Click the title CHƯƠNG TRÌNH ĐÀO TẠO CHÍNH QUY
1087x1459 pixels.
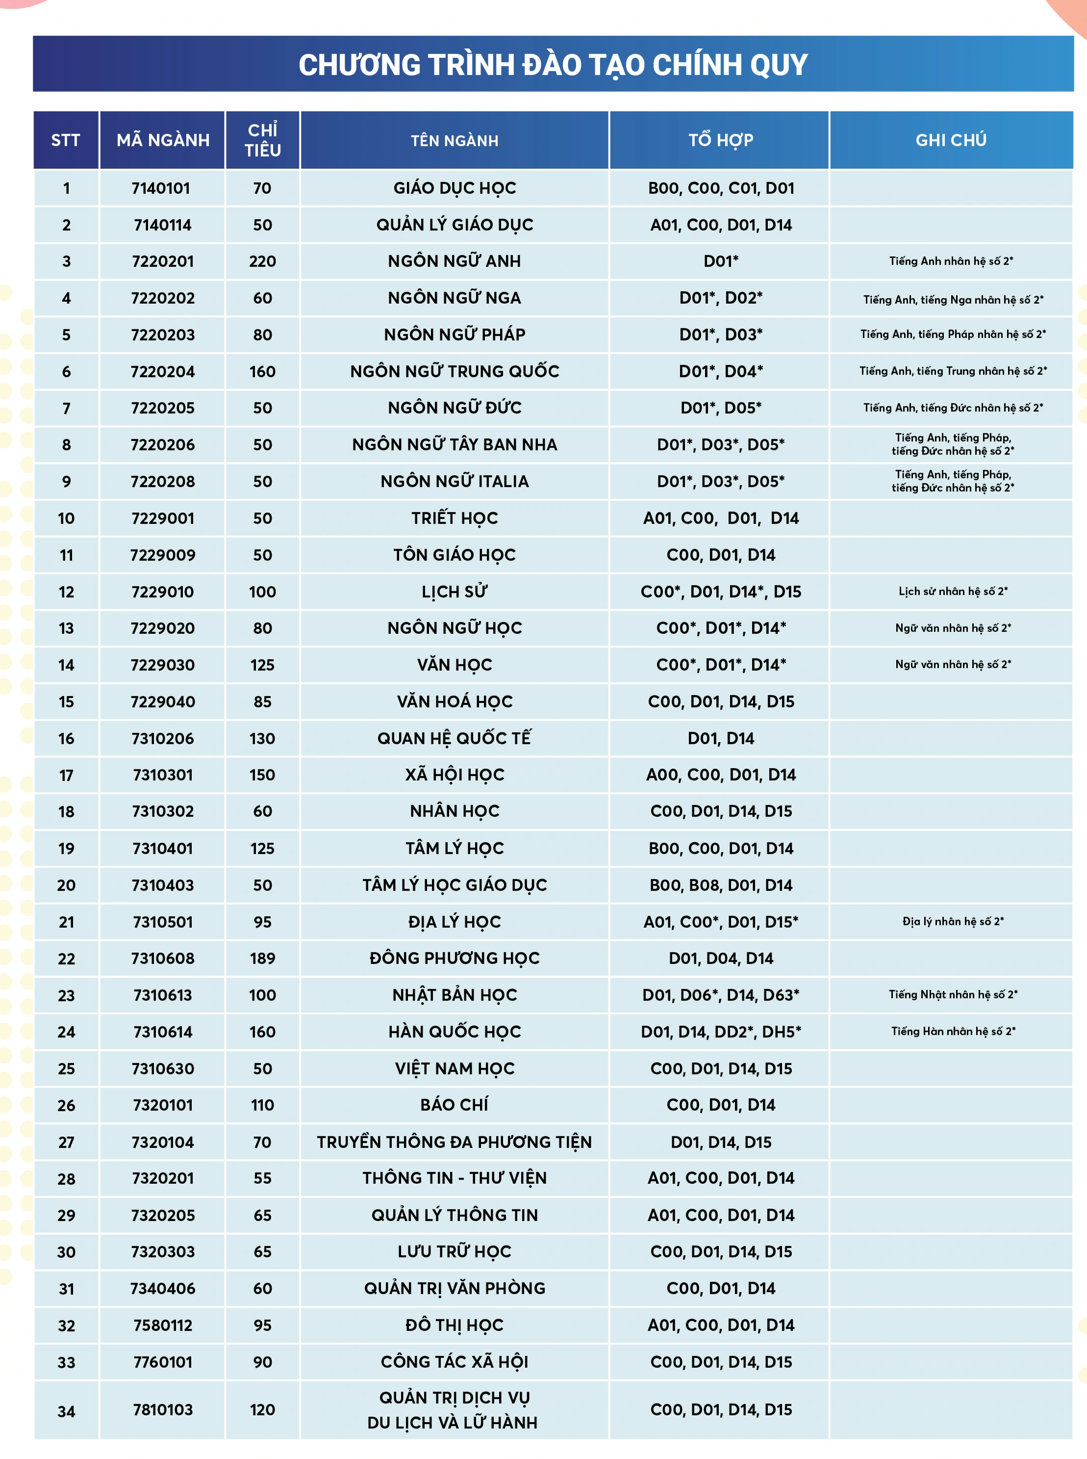[x=553, y=65]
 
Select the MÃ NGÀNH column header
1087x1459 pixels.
[x=162, y=140]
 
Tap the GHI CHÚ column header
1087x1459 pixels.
[x=951, y=140]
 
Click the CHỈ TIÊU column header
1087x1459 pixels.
[x=262, y=140]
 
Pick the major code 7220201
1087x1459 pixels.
[x=162, y=261]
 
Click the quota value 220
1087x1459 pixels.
[x=262, y=261]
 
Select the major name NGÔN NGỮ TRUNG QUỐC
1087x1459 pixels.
[x=454, y=371]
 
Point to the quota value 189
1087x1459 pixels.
[x=262, y=958]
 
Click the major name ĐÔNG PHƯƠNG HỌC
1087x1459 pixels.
[x=454, y=958]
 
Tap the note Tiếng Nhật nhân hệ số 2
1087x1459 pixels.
[x=952, y=994]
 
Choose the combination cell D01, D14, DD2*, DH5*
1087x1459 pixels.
[x=721, y=1032]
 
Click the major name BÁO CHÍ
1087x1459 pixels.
[x=454, y=1105]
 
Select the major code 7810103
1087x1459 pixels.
[x=162, y=1409]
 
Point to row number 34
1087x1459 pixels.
[x=67, y=1411]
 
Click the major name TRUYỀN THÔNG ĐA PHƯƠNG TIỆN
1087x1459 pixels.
[x=454, y=1142]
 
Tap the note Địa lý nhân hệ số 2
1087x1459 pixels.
[x=952, y=921]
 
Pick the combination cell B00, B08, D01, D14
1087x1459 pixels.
[x=721, y=885]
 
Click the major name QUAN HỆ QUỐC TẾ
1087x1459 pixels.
[x=454, y=738]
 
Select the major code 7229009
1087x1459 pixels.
[x=162, y=555]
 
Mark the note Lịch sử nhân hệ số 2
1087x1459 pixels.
[x=952, y=591]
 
